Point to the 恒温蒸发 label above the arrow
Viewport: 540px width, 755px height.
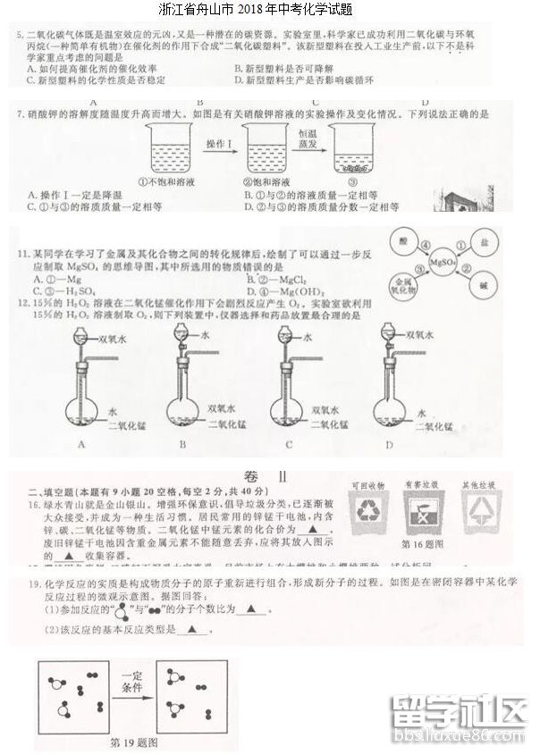click(x=306, y=138)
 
